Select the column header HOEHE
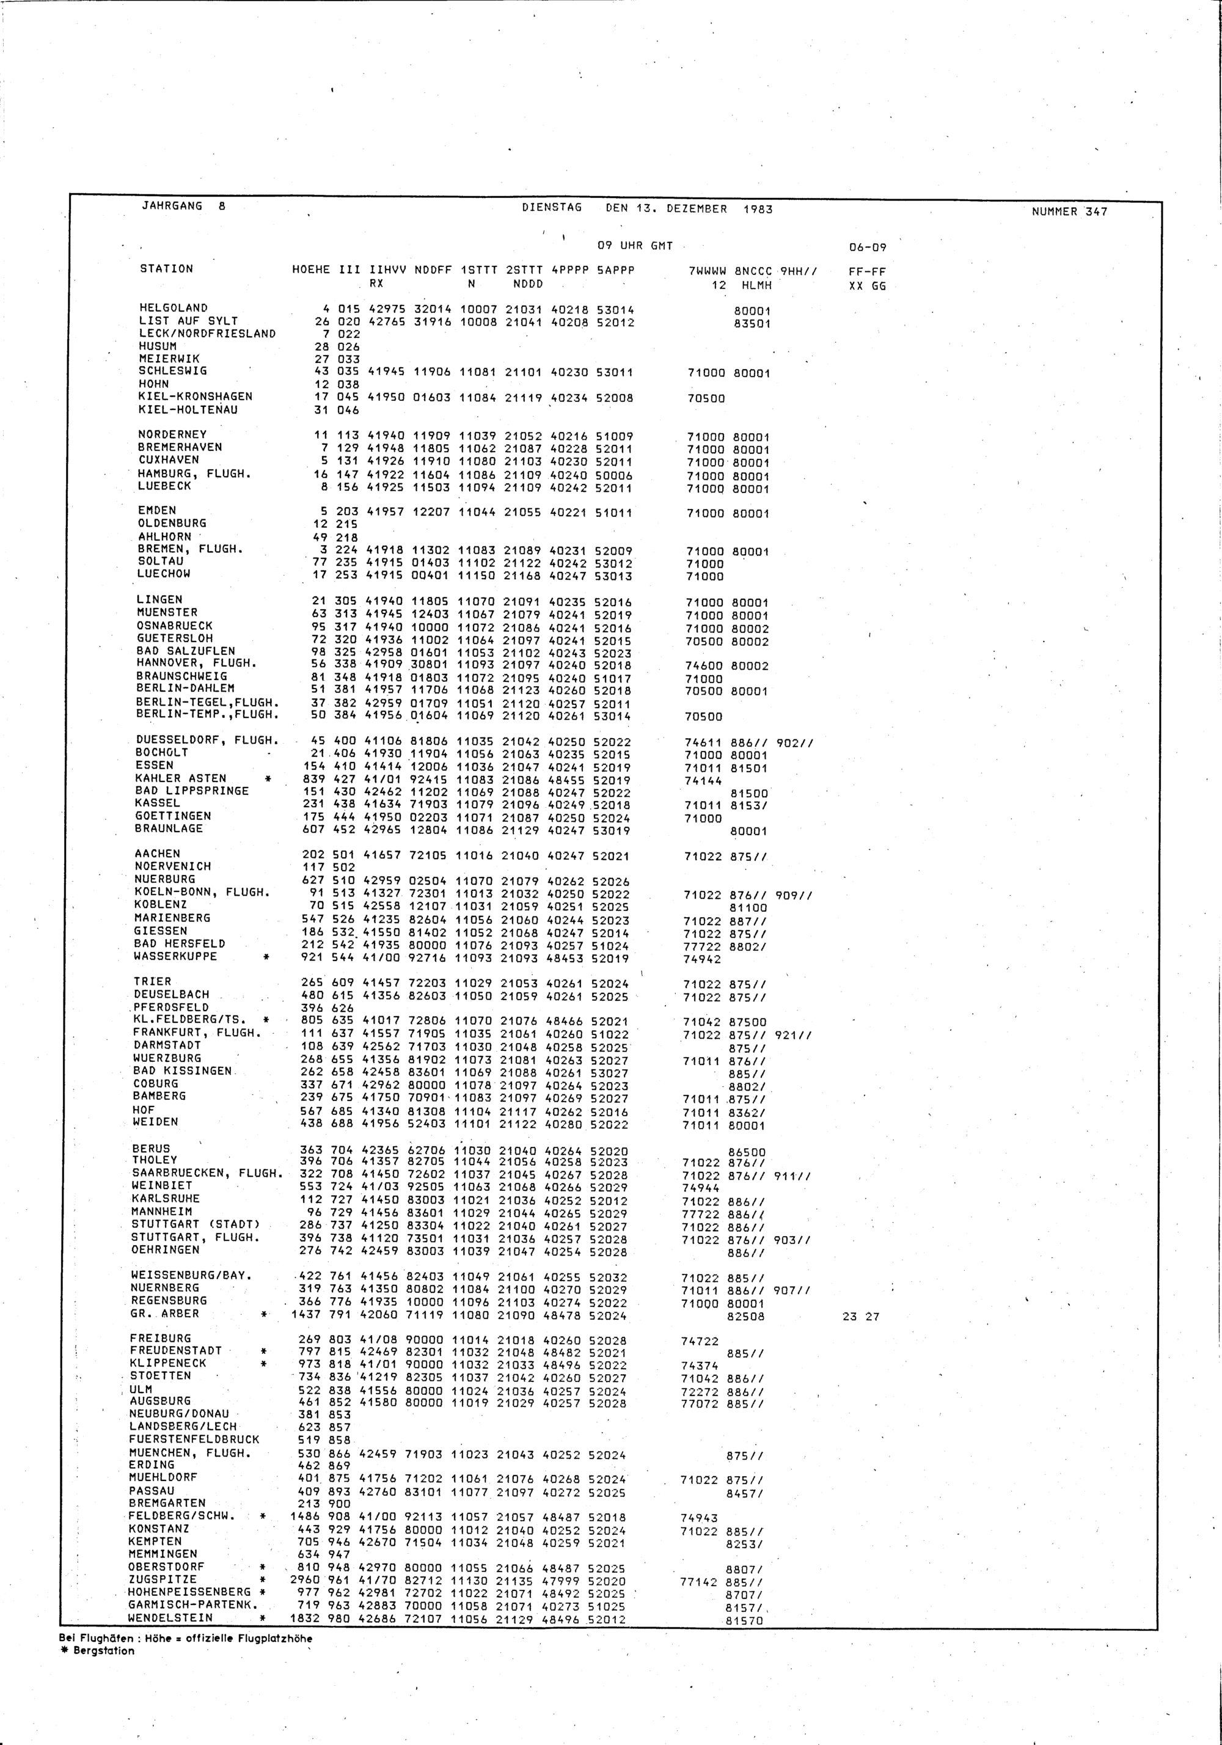pyautogui.click(x=311, y=270)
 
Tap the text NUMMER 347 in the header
pyautogui.click(x=1069, y=212)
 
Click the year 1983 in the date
pyautogui.click(x=758, y=209)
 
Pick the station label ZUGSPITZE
pyautogui.click(x=163, y=1579)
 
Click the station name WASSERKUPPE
pyautogui.click(x=175, y=956)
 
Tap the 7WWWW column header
pyautogui.click(x=706, y=271)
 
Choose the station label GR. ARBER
pyautogui.click(x=165, y=1313)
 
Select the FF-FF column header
pyautogui.click(x=867, y=272)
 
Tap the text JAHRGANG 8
pyautogui.click(x=183, y=206)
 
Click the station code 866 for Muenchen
pyautogui.click(x=340, y=1454)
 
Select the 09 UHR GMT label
pyautogui.click(x=635, y=246)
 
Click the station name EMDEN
pyautogui.click(x=156, y=510)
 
